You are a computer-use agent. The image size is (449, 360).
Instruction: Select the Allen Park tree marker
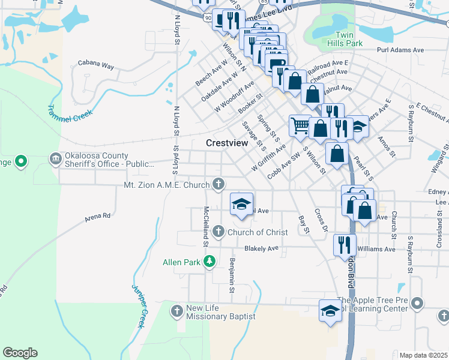tap(209, 261)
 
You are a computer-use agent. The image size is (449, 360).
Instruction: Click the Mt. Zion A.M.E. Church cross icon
tap(220, 184)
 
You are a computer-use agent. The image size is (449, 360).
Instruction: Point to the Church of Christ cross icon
tap(218, 232)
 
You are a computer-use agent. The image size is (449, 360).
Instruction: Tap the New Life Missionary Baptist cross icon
tap(176, 310)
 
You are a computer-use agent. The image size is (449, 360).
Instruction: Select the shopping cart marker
tap(300, 125)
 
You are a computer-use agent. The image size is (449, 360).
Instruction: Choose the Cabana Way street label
tap(96, 64)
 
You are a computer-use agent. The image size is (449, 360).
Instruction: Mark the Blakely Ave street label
tap(261, 248)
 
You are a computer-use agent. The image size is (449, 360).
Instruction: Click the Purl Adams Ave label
tap(400, 51)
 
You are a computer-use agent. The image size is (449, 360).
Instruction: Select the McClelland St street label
tap(205, 227)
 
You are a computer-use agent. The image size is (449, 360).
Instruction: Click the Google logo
tap(20, 353)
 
